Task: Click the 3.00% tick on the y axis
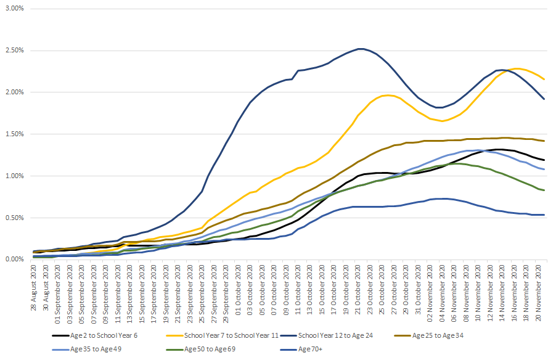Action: click(15, 8)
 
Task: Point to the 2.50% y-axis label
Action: click(15, 51)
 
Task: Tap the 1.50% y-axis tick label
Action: click(15, 134)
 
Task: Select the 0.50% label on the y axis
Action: click(15, 218)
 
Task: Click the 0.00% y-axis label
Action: click(15, 260)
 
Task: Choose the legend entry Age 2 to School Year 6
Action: click(95, 335)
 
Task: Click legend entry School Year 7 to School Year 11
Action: click(223, 335)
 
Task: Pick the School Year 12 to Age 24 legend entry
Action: click(327, 335)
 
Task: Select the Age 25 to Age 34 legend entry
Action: click(429, 335)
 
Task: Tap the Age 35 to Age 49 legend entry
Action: click(86, 349)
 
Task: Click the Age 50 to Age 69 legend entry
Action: click(201, 349)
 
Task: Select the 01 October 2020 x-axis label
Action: click(238, 293)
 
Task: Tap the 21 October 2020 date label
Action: click(358, 293)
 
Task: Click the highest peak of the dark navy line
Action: click(361, 49)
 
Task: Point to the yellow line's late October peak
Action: click(388, 95)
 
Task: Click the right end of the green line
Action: click(544, 190)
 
